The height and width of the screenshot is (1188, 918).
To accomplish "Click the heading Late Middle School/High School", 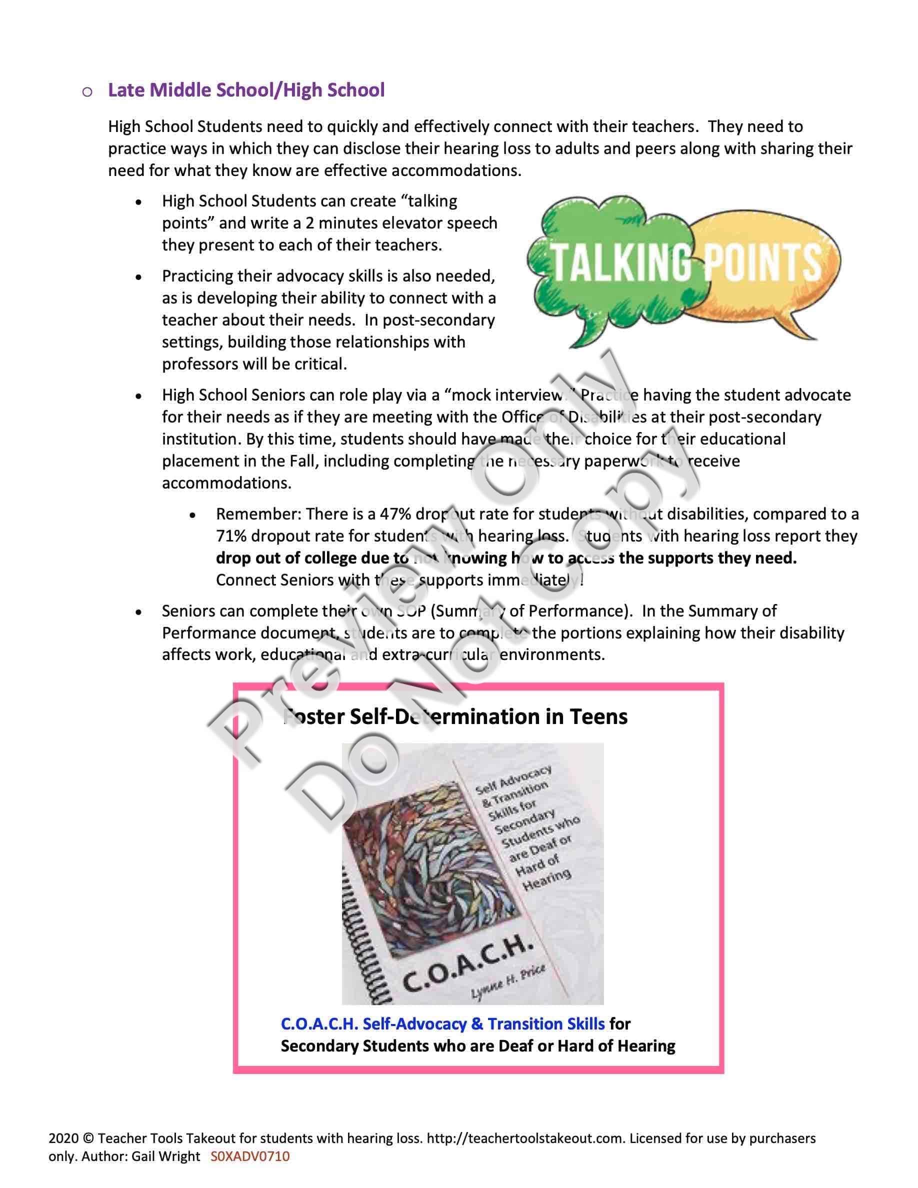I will click(246, 90).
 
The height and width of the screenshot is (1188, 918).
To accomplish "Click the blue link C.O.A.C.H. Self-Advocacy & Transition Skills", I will click(442, 1024).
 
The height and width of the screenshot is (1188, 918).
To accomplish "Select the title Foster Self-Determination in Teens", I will click(455, 717).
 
